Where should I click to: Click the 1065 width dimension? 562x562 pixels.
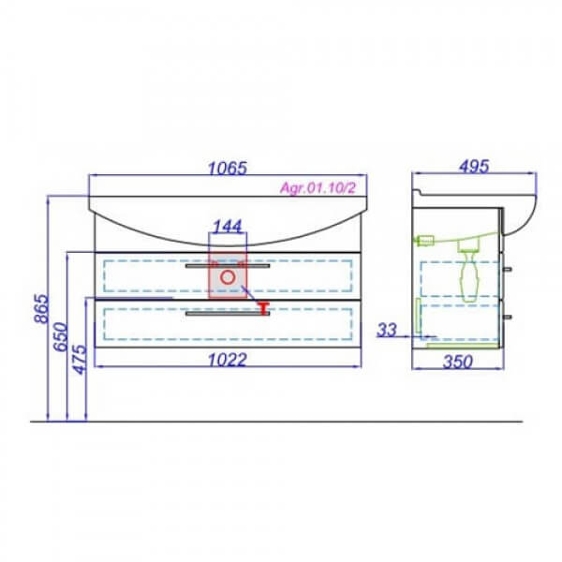click(228, 168)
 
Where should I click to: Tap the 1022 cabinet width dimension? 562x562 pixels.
click(228, 360)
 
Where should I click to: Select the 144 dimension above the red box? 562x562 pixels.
click(228, 226)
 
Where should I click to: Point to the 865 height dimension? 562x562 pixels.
click(41, 308)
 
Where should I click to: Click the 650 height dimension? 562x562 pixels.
click(61, 337)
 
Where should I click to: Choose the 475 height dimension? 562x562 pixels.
click(81, 360)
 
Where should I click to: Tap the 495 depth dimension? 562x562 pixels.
click(474, 167)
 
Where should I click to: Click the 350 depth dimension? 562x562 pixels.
click(458, 362)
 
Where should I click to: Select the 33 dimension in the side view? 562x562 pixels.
click(387, 330)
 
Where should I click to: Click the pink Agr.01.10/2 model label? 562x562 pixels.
click(318, 188)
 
